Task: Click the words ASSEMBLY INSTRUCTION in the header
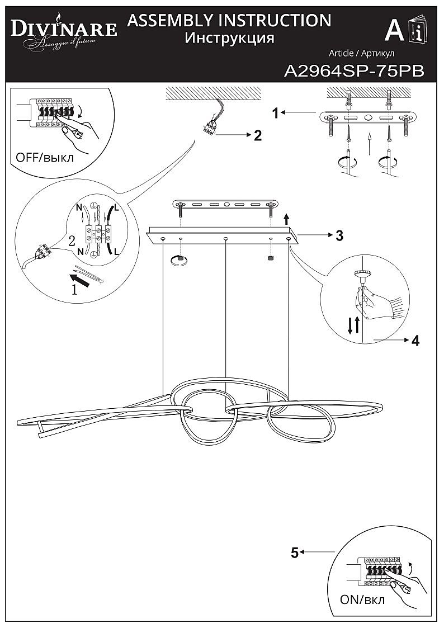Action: pyautogui.click(x=229, y=20)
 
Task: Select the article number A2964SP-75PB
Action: pyautogui.click(x=354, y=71)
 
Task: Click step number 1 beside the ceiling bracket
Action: pyautogui.click(x=276, y=114)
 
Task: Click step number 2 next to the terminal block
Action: pyautogui.click(x=258, y=135)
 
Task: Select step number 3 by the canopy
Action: pyautogui.click(x=339, y=235)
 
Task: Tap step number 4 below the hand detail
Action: pyautogui.click(x=415, y=341)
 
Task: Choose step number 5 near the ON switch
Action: pyautogui.click(x=295, y=553)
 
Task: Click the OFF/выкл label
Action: pyautogui.click(x=44, y=157)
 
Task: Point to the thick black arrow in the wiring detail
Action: pyautogui.click(x=79, y=280)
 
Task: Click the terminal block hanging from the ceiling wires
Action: pyautogui.click(x=209, y=127)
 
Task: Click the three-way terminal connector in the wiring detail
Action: pyautogui.click(x=98, y=234)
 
